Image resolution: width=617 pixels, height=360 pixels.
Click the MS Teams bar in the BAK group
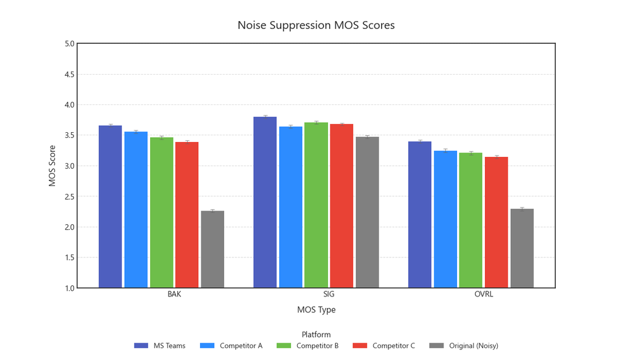coord(110,207)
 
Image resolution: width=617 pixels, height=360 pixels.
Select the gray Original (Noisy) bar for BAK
coord(212,249)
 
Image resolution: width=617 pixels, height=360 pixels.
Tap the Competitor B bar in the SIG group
coord(316,205)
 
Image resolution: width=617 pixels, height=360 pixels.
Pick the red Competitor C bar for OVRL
coord(496,222)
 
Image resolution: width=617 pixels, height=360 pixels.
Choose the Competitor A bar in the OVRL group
coord(445,219)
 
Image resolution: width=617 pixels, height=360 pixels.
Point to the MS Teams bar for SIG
coord(265,203)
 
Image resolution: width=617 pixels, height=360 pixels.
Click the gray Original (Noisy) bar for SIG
coord(367,212)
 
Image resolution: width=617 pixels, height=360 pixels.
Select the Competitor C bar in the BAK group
coord(187,215)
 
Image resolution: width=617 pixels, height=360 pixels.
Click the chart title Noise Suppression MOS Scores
coord(316,25)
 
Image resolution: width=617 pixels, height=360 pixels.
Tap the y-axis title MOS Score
coord(52,165)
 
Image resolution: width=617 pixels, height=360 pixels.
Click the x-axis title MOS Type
coord(316,309)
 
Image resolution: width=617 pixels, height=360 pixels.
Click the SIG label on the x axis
coord(316,295)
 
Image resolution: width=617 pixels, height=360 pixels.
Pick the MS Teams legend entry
coord(160,346)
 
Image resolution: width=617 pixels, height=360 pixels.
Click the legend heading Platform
coord(316,335)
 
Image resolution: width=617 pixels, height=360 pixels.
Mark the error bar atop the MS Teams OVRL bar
coord(420,141)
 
